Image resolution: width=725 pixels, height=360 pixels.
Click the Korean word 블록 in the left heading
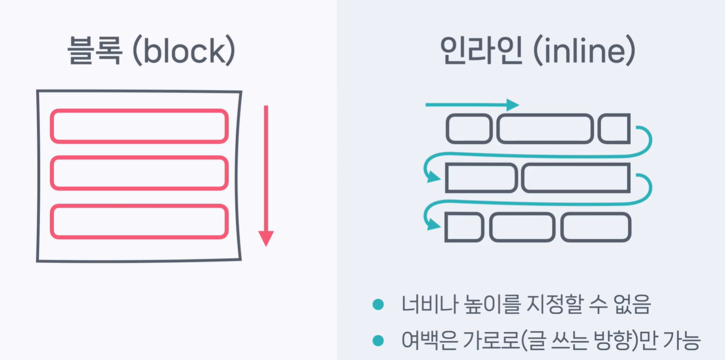coord(95,51)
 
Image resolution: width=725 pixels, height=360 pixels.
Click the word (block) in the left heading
coord(184,51)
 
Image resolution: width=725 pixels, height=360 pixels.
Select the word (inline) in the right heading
coord(583,51)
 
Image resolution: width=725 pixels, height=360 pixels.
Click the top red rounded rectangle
coord(139,126)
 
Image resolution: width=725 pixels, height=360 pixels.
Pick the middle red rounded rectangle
coord(139,173)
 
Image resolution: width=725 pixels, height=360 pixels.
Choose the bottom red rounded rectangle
coord(139,221)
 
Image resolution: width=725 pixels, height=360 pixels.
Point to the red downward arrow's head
coord(266,238)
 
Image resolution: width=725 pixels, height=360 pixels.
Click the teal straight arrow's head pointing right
coord(513,104)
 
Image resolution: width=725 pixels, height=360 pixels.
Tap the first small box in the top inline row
coord(468,129)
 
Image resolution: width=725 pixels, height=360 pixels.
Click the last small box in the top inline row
coord(614,129)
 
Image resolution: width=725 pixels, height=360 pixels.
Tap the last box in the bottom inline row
coord(595,227)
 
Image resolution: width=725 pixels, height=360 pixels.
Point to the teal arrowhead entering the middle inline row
coord(432,177)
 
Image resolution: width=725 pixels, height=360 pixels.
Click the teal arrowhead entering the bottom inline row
coord(432,225)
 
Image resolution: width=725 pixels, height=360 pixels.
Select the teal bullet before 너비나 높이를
coord(378,305)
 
